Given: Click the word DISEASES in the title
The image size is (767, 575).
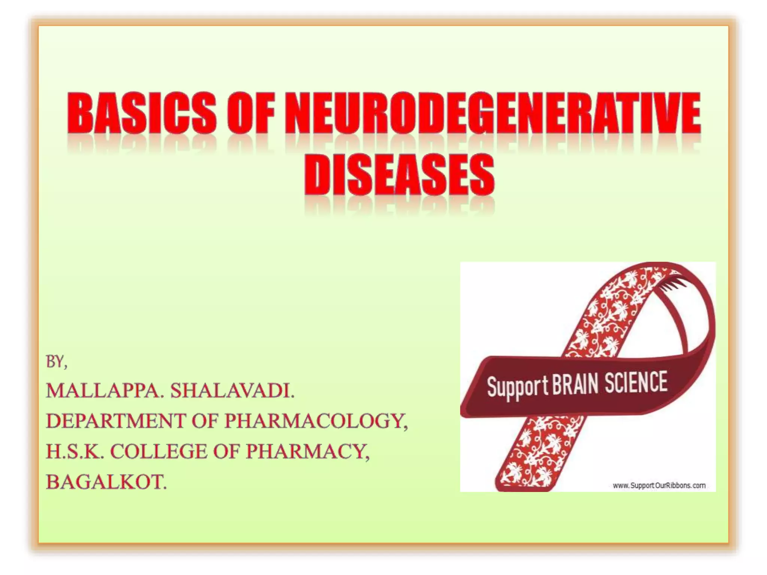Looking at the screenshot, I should (x=399, y=175).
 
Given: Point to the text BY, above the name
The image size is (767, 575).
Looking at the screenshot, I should (x=57, y=362).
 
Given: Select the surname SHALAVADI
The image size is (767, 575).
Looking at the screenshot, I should (x=233, y=391).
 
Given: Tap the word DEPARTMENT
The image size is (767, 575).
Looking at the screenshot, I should (x=116, y=421).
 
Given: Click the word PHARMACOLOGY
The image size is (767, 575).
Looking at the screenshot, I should (x=316, y=421).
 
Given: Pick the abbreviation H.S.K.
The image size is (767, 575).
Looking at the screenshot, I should (x=75, y=451).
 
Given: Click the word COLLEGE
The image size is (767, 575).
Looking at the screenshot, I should (x=158, y=451).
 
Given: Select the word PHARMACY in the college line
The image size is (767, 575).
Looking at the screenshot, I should (x=307, y=451).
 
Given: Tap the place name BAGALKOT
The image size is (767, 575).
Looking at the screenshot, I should (x=106, y=482).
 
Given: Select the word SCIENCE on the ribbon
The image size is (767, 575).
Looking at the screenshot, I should (x=636, y=382).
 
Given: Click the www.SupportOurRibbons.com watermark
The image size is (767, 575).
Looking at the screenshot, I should (x=659, y=486).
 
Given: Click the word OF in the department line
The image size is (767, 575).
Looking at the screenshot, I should (x=205, y=421).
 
